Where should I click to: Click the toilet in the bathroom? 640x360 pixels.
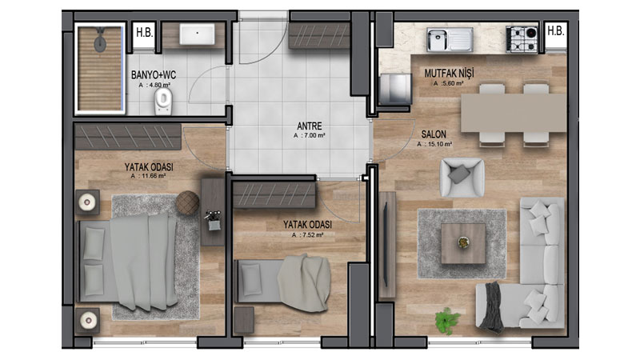(x=163, y=102)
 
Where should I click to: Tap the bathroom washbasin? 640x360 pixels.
(x=197, y=34)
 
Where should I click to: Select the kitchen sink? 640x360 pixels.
(x=450, y=39)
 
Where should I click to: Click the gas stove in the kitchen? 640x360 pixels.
(x=522, y=39)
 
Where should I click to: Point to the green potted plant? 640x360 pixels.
(x=447, y=321)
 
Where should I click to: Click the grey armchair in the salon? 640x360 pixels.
(x=462, y=178)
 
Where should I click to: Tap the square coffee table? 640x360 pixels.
(x=463, y=243)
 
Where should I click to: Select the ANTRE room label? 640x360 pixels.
(x=310, y=126)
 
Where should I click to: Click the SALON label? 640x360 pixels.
(x=434, y=134)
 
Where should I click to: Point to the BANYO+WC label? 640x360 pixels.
(x=154, y=75)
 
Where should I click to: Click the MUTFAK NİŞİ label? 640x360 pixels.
(x=449, y=74)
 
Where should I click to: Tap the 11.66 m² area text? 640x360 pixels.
(x=148, y=176)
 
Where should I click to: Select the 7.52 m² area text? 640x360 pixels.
(x=308, y=235)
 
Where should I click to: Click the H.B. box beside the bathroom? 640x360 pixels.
(x=145, y=33)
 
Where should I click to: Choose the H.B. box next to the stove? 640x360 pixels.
(x=555, y=31)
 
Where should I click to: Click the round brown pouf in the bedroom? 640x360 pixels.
(x=188, y=202)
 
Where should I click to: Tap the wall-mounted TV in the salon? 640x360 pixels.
(x=386, y=245)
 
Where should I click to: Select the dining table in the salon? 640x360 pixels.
(x=514, y=113)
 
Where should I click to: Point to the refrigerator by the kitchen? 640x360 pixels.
(x=395, y=89)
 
